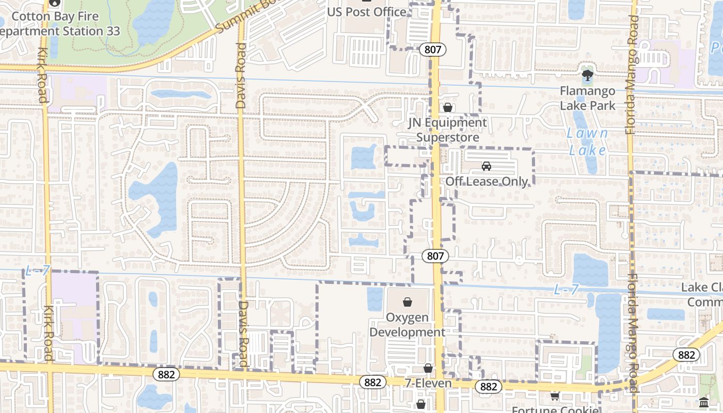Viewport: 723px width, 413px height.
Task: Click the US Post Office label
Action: [367, 12]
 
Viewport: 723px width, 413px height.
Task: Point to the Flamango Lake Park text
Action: [588, 98]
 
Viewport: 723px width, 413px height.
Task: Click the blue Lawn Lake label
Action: [587, 141]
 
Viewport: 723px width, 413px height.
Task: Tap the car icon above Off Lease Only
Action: [486, 166]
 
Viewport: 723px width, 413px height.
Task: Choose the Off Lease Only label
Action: [486, 181]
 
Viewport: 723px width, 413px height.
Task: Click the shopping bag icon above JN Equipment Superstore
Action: [448, 107]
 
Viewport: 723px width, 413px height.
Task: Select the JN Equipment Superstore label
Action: [448, 130]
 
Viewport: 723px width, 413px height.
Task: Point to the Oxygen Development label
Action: [407, 325]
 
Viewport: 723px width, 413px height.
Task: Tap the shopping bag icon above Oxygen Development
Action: [407, 301]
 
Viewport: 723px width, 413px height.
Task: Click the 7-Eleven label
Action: [428, 383]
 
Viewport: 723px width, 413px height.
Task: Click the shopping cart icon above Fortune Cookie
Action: [555, 396]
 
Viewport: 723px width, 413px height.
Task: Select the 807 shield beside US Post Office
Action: [432, 50]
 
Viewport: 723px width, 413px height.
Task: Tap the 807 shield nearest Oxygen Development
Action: [435, 256]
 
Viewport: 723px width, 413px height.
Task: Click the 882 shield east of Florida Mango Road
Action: [686, 355]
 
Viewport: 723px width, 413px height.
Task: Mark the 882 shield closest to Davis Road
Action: [166, 374]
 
